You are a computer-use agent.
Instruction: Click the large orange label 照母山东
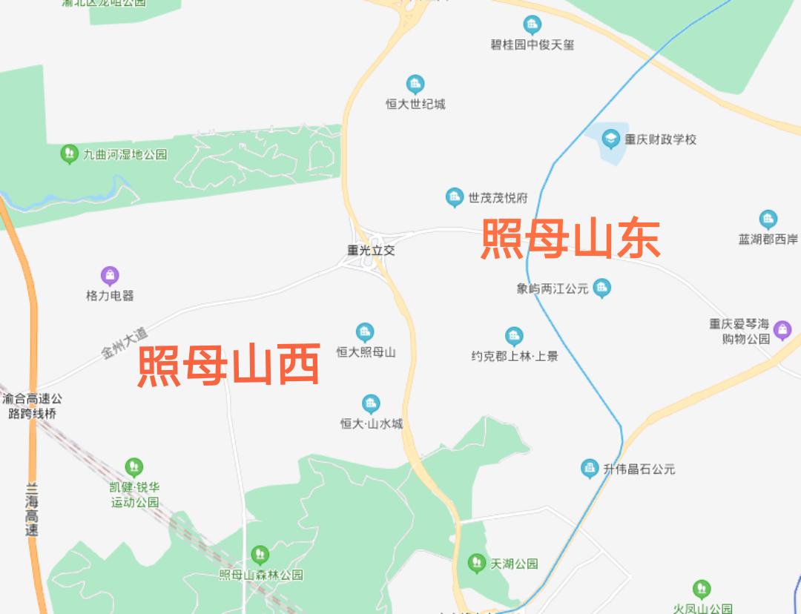[570, 239]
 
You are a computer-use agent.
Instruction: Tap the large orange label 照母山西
[229, 365]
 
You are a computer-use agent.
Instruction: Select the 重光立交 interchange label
[372, 251]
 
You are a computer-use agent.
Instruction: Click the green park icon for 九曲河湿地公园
[69, 154]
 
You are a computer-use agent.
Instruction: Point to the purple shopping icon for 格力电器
[110, 277]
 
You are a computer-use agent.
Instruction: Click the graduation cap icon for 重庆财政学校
[610, 139]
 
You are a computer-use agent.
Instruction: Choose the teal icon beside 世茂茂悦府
[454, 198]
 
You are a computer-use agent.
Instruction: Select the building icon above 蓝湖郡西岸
[768, 219]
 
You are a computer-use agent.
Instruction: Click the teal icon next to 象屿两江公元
[602, 288]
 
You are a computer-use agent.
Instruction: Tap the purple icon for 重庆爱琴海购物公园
[782, 330]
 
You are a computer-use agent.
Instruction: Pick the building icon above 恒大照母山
[364, 332]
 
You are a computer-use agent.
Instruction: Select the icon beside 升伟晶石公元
[590, 469]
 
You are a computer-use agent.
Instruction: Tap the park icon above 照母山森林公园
[260, 555]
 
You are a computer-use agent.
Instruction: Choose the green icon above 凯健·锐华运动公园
[134, 467]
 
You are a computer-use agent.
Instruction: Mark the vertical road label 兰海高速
[31, 509]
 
